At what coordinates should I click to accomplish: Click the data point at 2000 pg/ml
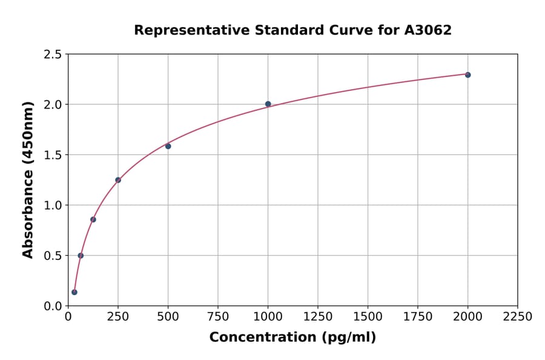[467, 75]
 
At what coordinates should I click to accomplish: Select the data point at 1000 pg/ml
[268, 104]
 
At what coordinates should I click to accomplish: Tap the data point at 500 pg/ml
[168, 146]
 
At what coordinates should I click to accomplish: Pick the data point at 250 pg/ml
[118, 180]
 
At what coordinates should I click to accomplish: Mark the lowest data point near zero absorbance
[74, 292]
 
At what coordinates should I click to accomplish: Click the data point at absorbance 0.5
[81, 256]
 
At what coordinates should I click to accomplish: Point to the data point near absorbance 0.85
[93, 219]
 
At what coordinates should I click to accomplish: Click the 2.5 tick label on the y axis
[53, 55]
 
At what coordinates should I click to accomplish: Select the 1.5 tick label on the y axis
[53, 155]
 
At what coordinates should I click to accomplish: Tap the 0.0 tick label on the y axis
[53, 306]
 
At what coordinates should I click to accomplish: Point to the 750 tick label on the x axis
[218, 317]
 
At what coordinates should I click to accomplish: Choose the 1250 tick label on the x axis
[318, 317]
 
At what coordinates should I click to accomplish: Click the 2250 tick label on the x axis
[518, 317]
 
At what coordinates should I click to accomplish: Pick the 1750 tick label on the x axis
[418, 317]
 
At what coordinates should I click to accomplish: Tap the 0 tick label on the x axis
[68, 317]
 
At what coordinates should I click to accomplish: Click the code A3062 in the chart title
[428, 30]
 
